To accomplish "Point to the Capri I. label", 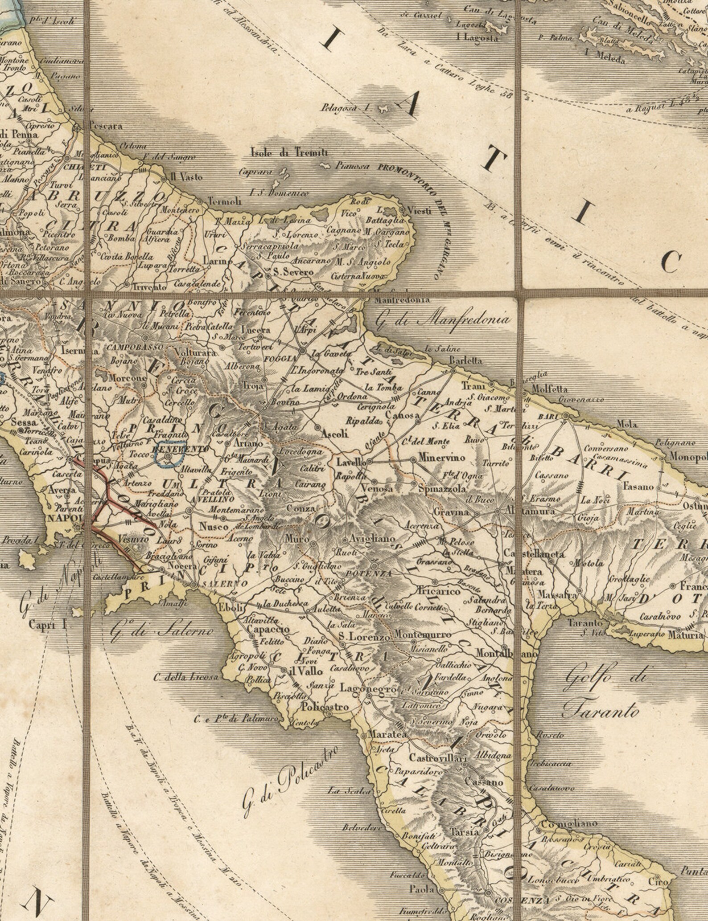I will pyautogui.click(x=47, y=624).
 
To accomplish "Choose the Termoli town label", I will pyautogui.click(x=225, y=201).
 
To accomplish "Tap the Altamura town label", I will pyautogui.click(x=531, y=512).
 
